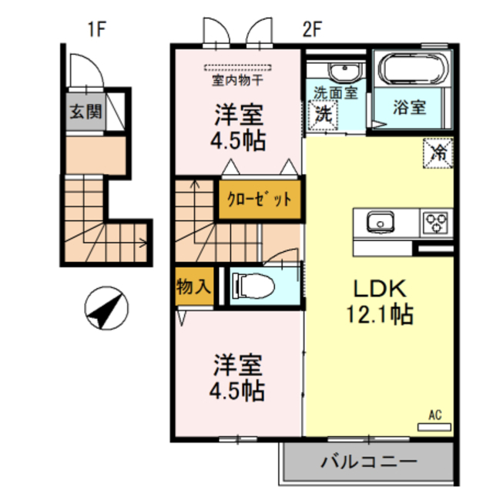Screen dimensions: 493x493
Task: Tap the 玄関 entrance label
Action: tap(86, 111)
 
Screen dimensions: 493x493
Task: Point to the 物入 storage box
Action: tap(193, 287)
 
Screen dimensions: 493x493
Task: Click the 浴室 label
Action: tap(410, 108)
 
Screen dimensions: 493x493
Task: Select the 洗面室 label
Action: tap(335, 93)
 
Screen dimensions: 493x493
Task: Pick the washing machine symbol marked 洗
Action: tap(322, 113)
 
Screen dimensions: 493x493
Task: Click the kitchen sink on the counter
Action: tap(380, 223)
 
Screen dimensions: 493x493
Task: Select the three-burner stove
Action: tap(436, 223)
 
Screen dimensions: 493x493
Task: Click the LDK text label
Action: tap(379, 288)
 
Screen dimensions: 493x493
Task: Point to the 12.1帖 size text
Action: tap(380, 314)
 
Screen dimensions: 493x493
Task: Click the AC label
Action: tap(435, 416)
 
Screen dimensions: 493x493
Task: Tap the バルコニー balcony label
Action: tap(368, 463)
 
